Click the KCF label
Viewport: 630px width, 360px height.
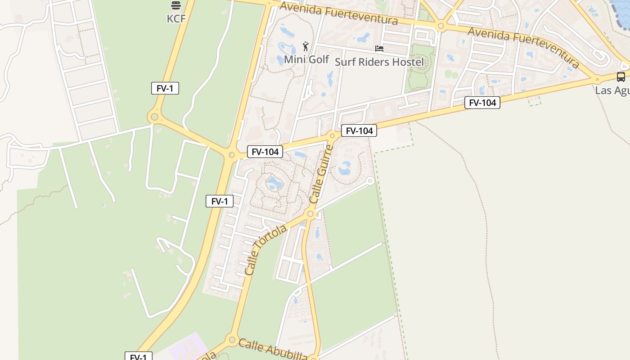[x=176, y=18]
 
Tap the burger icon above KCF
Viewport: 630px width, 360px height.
[x=175, y=5]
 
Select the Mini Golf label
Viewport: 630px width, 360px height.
[x=306, y=59]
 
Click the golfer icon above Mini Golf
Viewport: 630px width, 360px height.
[x=306, y=46]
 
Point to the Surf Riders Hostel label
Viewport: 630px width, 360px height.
[x=379, y=62]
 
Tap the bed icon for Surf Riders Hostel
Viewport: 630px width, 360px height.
[x=379, y=48]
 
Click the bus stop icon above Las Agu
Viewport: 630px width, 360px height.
[x=621, y=76]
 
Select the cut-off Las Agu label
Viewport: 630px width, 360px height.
[x=612, y=90]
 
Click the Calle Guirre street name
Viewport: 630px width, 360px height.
[x=321, y=173]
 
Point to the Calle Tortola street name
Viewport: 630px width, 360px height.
[x=265, y=250]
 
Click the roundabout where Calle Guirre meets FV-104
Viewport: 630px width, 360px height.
[x=332, y=135]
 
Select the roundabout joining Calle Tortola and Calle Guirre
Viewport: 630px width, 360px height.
[x=310, y=214]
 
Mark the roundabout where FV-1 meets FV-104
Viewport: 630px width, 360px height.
[x=231, y=155]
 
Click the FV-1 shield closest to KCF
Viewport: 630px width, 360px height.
[x=165, y=88]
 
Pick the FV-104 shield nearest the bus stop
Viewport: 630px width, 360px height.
[x=482, y=103]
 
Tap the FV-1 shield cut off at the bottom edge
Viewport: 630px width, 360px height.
[x=138, y=357]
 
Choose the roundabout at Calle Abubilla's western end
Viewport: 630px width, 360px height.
[x=232, y=339]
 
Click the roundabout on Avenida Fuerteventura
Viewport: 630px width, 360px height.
[x=441, y=26]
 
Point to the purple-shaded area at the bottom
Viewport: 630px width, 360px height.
[x=187, y=347]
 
